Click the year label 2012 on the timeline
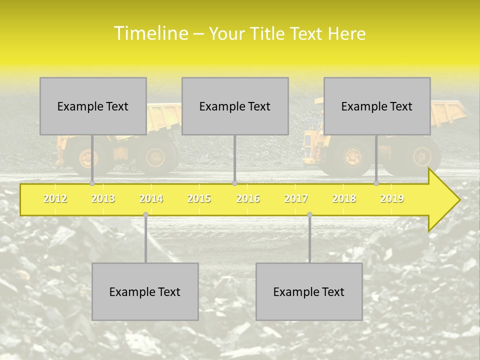tap(55, 198)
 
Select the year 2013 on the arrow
tap(103, 198)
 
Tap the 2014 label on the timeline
tap(151, 198)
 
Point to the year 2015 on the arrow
tap(199, 198)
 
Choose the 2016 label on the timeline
tap(248, 198)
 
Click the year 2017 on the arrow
tap(296, 198)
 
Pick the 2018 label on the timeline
tap(344, 198)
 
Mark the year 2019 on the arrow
tap(392, 198)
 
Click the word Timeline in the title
tap(150, 33)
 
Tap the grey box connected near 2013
tap(93, 106)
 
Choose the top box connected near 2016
tap(235, 106)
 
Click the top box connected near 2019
tap(377, 106)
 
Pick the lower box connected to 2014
tap(145, 291)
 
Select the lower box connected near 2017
tap(309, 291)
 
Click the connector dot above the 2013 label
tap(92, 183)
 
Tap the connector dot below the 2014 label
tap(145, 215)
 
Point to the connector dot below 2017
tap(309, 215)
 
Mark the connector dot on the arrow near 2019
tap(376, 183)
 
